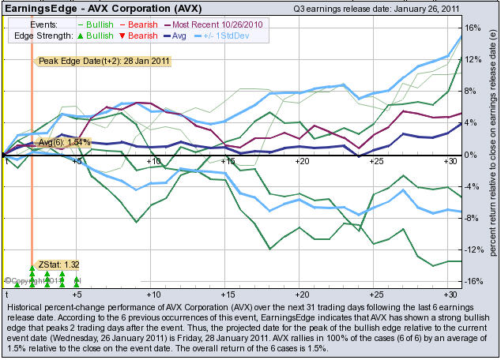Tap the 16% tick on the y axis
coord(473,28)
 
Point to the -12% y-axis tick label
coord(473,249)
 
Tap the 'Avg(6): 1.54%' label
coord(66,142)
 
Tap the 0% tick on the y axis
coord(469,155)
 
